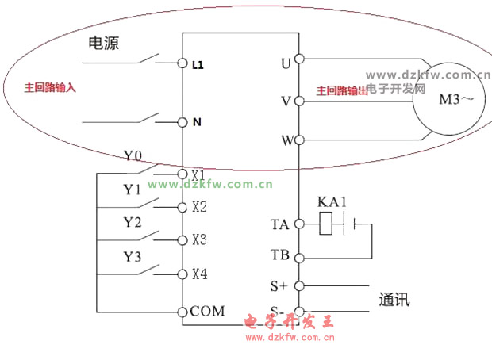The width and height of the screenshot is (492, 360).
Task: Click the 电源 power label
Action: pyautogui.click(x=103, y=44)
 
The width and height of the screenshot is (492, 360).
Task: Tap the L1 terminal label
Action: pyautogui.click(x=198, y=66)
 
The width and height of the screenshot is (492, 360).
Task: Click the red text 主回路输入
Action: pyautogui.click(x=51, y=87)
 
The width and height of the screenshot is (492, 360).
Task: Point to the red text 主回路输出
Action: pyautogui.click(x=343, y=91)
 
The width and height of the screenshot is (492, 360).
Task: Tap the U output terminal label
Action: pyautogui.click(x=286, y=63)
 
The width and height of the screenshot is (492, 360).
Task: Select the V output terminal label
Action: pyautogui.click(x=286, y=101)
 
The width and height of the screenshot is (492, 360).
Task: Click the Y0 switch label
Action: pyautogui.click(x=133, y=155)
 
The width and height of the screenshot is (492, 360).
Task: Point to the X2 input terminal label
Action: pyautogui.click(x=198, y=207)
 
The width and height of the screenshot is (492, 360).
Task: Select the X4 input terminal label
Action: pyautogui.click(x=199, y=274)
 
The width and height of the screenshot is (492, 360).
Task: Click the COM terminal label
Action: pyautogui.click(x=207, y=311)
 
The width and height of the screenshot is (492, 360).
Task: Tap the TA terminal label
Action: pyautogui.click(x=280, y=224)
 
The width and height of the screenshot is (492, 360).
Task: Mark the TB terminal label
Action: pyautogui.click(x=280, y=255)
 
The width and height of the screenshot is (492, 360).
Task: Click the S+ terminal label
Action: pyautogui.click(x=279, y=285)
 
